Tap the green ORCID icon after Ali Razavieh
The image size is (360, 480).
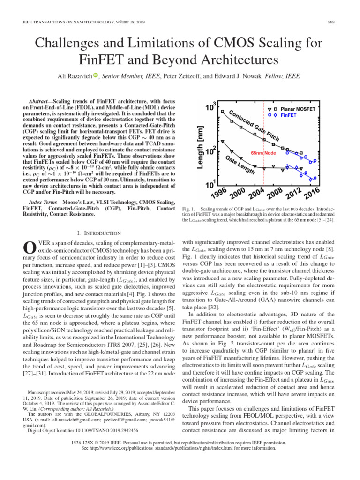[x=96, y=75]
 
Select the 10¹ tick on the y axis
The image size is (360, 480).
[x=211, y=184]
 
